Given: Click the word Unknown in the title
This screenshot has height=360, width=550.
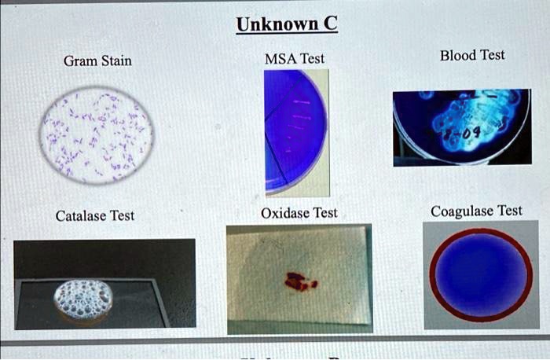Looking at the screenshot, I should click(276, 24).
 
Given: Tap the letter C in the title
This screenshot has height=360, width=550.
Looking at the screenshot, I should click(330, 24).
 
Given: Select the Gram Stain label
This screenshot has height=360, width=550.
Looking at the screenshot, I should click(98, 61).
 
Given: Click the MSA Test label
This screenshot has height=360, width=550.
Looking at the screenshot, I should click(295, 58).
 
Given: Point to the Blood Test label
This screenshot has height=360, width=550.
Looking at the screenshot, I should click(472, 55).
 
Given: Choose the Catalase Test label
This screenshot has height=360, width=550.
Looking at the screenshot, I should click(94, 215).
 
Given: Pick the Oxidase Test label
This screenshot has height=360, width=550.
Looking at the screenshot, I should click(299, 213).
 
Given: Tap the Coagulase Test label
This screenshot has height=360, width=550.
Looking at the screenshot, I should click(476, 211).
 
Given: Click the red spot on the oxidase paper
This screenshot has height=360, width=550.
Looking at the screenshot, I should click(299, 280).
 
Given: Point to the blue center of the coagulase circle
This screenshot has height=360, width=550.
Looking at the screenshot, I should click(480, 274).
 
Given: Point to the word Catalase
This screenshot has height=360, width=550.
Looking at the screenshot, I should click(81, 215).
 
